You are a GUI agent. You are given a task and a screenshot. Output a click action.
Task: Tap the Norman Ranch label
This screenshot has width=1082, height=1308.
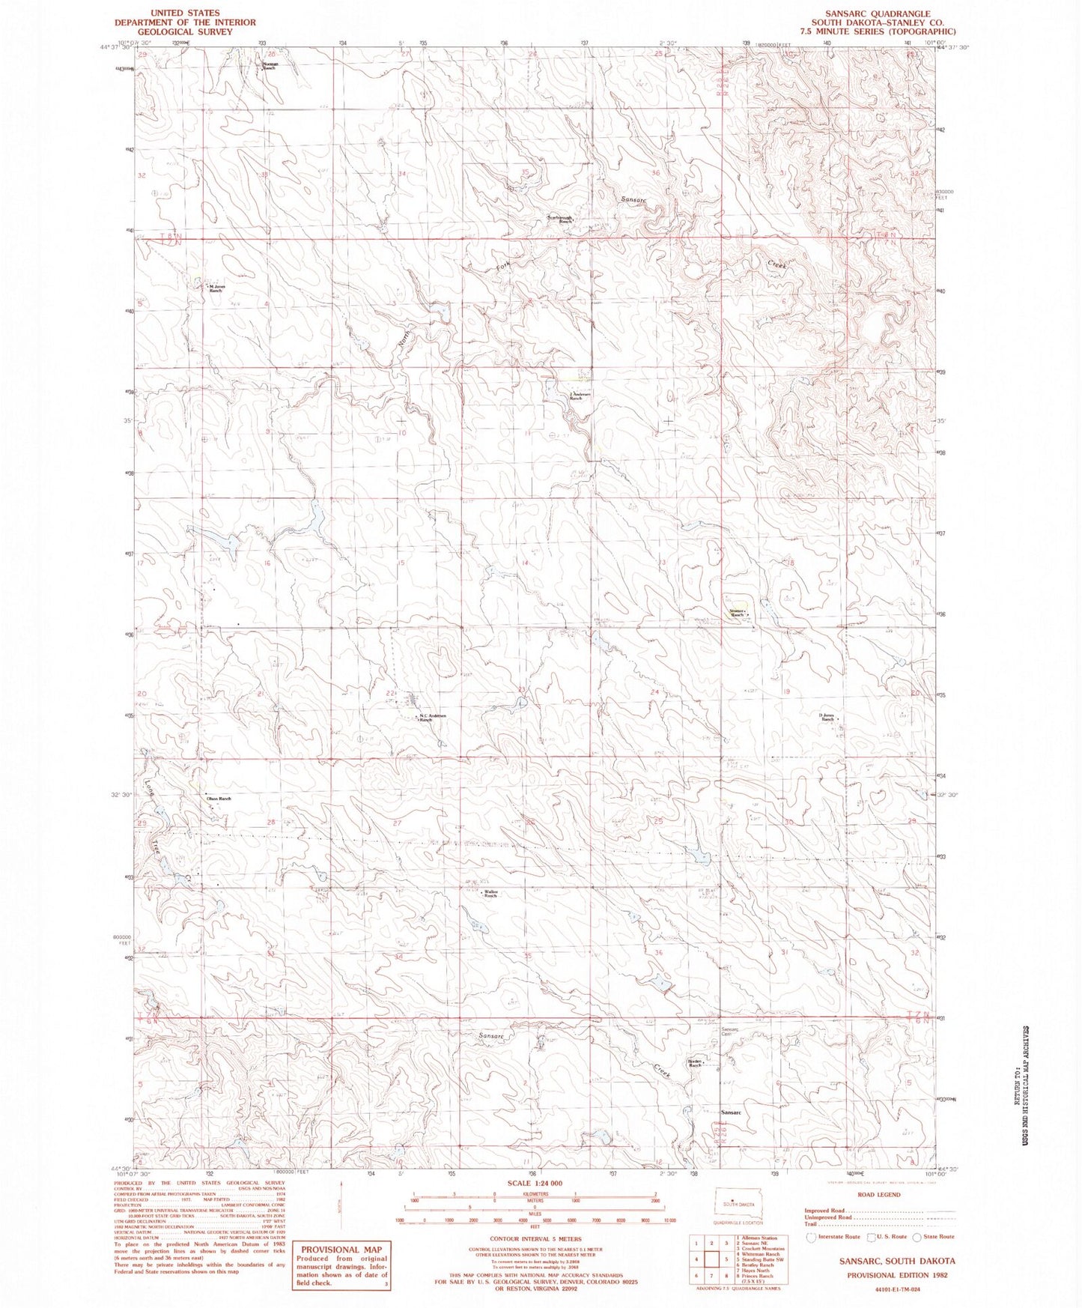[270, 66]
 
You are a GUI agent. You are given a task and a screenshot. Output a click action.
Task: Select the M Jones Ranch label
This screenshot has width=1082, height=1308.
[216, 288]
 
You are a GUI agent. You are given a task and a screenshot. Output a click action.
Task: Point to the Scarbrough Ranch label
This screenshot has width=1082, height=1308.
[560, 220]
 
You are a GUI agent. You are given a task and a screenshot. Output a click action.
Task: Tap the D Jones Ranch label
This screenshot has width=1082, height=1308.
[827, 717]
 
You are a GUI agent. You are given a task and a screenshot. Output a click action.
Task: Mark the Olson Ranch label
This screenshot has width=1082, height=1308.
[219, 799]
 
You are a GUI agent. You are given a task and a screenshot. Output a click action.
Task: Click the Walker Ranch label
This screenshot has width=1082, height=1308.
[490, 894]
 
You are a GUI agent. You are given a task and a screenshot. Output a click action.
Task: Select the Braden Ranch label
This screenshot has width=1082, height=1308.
[694, 1063]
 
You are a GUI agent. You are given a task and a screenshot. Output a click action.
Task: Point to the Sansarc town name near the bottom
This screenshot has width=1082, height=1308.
[731, 1112]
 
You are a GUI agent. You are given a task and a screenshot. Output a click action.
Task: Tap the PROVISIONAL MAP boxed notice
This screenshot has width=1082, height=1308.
[341, 1264]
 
